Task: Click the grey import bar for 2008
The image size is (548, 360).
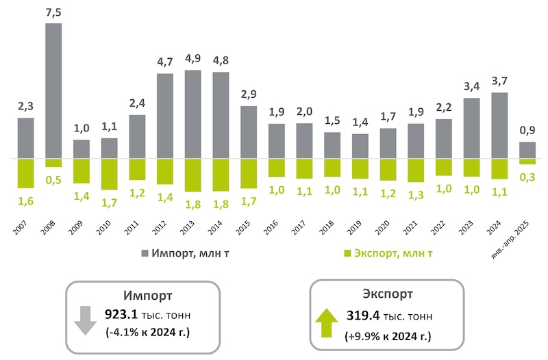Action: coord(53,91)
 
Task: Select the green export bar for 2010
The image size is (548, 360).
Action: coord(110,174)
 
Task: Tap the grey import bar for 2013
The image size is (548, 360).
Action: coord(193,114)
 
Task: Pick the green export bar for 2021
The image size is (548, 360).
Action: coord(416,170)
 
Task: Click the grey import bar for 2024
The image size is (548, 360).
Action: coord(499,125)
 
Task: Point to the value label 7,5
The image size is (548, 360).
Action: coord(53,12)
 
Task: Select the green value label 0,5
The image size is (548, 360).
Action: coord(53,180)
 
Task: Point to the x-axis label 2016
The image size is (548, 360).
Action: coord(274,228)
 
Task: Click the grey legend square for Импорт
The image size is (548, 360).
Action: coord(145,254)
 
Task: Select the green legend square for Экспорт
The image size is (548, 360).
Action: coord(347,254)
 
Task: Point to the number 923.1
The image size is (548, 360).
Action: coord(121,315)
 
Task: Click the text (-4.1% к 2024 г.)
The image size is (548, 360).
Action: coord(147,333)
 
